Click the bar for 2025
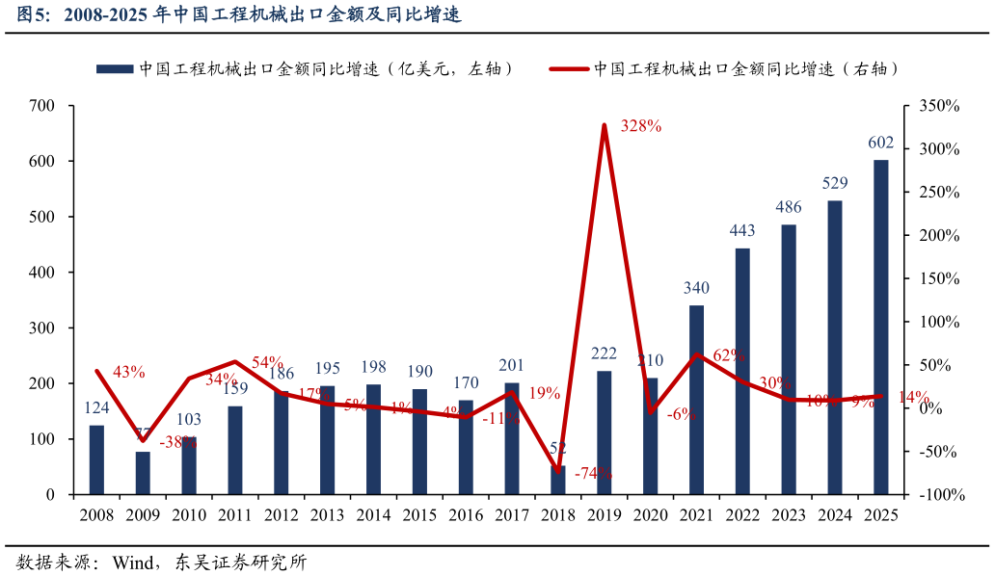(880, 327)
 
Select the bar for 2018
(558, 480)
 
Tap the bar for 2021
(696, 400)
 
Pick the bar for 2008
(96, 459)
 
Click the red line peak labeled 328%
(605, 125)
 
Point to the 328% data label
(641, 126)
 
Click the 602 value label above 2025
(880, 143)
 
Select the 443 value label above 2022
(742, 230)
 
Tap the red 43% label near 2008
(128, 372)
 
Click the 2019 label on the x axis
(605, 515)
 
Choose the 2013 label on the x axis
(327, 515)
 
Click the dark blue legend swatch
(114, 68)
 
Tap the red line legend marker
(568, 68)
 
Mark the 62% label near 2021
(729, 355)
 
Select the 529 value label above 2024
(835, 183)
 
